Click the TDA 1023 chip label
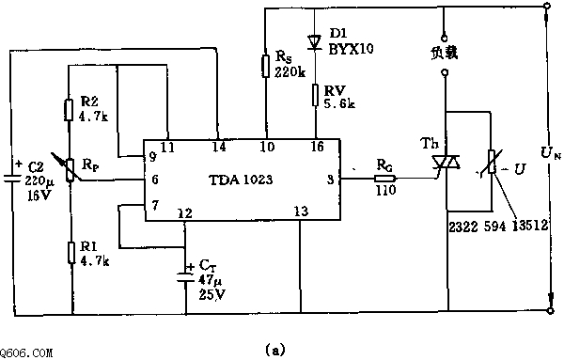241,180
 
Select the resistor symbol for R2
69,110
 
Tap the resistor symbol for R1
71,253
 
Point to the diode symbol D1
314,41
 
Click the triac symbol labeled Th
446,163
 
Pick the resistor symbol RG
384,179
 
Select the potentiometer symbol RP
70,170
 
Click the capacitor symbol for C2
12,178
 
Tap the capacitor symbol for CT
185,277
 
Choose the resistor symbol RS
266,66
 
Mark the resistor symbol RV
315,95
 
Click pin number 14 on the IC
219,147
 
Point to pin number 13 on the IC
301,211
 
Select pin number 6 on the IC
155,180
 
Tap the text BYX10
351,49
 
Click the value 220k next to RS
290,72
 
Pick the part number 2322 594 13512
498,226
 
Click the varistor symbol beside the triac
491,163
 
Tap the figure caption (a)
275,350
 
